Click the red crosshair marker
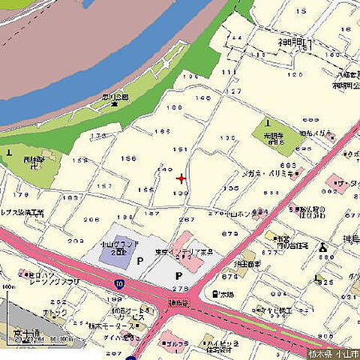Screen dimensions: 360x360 click(181, 178)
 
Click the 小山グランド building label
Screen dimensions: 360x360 click(113, 247)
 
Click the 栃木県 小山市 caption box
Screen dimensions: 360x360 click(333, 353)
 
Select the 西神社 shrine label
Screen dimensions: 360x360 click(34, 161)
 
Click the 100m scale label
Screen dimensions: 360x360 click(8, 287)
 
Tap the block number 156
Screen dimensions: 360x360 click(129, 158)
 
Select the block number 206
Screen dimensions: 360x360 click(91, 219)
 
